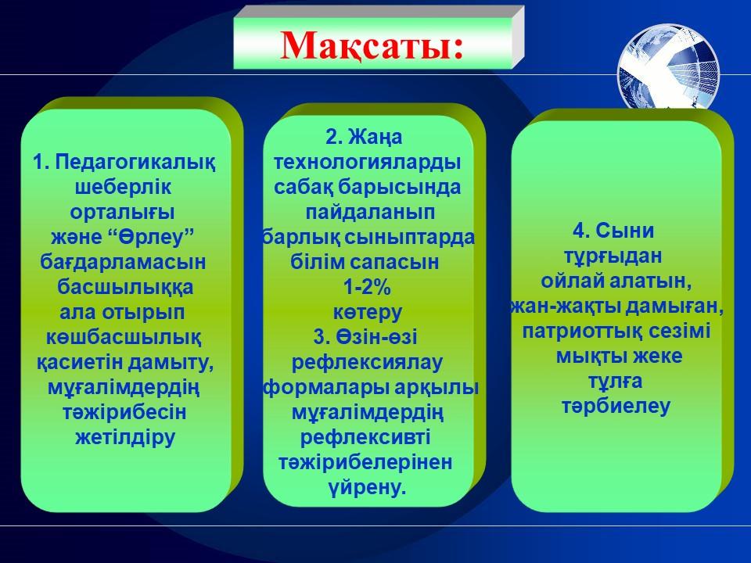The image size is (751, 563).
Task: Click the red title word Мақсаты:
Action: point(372,45)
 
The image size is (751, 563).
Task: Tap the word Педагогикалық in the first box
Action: point(135,162)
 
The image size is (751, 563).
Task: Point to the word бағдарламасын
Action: point(123,262)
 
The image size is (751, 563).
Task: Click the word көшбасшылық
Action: point(124,337)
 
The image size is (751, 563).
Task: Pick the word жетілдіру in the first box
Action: point(125,437)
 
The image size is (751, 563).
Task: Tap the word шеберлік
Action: point(123,187)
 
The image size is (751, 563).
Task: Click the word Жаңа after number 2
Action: point(375,138)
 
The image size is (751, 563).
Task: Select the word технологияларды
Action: point(368,162)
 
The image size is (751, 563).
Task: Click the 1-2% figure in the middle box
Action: point(368,287)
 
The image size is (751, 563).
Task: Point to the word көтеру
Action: point(368,312)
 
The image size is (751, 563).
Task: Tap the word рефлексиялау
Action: point(368,362)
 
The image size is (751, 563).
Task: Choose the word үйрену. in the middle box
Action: point(368,487)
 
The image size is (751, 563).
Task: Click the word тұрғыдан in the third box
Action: point(613,256)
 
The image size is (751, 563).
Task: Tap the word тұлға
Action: point(616,381)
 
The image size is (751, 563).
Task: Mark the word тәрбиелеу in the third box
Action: point(616,406)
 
